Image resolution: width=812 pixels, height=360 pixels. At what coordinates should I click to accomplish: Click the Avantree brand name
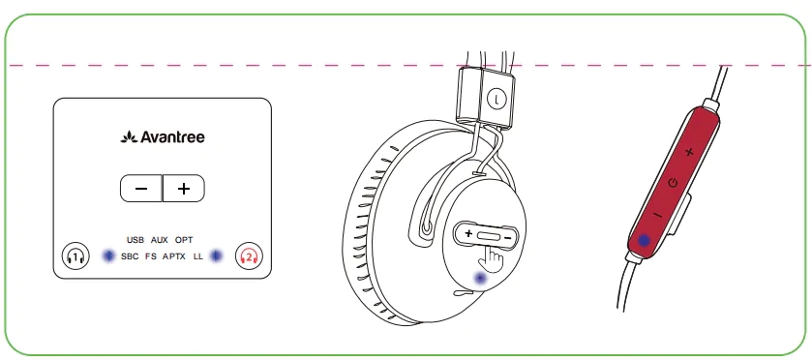163,137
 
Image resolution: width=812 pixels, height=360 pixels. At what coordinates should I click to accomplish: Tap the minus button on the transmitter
141,188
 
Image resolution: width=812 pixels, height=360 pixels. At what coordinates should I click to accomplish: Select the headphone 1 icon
75,255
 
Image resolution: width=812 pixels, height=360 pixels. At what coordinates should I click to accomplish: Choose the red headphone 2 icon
249,255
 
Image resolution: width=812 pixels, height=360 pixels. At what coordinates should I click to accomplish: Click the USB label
135,240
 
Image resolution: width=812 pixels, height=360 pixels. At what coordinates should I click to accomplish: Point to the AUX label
160,240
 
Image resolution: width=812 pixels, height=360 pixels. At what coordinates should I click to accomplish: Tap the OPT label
184,240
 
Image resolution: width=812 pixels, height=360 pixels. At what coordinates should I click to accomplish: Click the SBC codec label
130,256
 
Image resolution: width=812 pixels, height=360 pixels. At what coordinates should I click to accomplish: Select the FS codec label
151,256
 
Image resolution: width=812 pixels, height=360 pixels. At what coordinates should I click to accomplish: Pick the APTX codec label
174,256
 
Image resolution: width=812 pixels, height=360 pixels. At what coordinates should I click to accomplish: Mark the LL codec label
198,256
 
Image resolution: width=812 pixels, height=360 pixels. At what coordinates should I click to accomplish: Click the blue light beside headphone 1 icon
108,255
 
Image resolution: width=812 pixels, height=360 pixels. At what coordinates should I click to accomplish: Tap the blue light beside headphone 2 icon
216,255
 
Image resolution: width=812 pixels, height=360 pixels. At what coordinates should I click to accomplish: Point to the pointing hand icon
493,258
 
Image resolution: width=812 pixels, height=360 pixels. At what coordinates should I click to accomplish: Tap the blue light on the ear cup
481,279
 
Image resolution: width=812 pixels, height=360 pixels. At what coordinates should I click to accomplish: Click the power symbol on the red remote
673,183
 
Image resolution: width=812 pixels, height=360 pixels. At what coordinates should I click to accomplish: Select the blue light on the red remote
644,240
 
